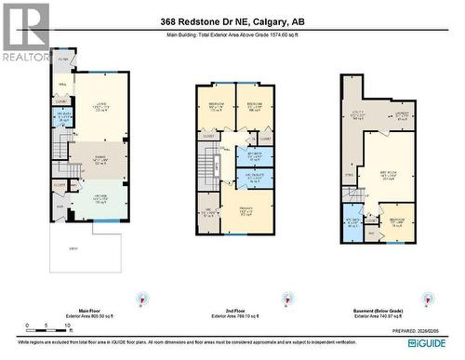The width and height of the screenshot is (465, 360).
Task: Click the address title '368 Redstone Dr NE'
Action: click(232, 21)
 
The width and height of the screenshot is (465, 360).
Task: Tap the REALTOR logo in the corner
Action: click(25, 33)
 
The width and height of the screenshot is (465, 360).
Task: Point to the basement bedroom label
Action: click(396, 222)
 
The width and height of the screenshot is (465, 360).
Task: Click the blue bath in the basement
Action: click(354, 222)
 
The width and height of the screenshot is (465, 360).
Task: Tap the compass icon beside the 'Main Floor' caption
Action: click(141, 298)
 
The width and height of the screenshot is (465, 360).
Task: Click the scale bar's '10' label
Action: click(57, 327)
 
